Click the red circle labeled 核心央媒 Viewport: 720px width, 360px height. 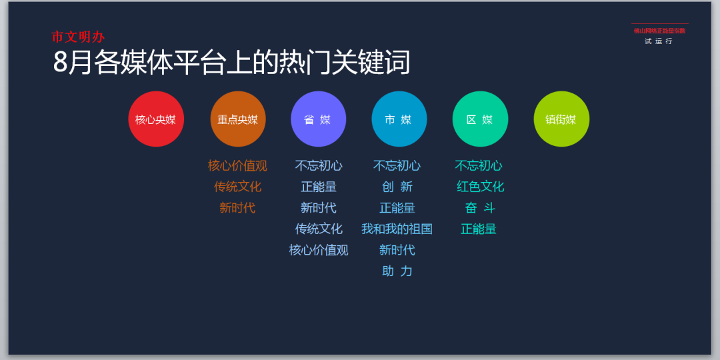pos(156,119)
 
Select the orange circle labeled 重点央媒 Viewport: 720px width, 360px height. pos(238,119)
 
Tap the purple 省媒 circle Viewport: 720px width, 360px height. pos(318,119)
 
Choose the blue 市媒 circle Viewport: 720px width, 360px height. pos(399,119)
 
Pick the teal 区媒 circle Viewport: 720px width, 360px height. pos(480,119)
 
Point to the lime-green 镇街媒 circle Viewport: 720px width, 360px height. pos(561,119)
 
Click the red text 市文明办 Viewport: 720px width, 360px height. pos(78,37)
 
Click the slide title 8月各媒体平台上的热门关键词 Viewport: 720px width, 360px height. pos(231,61)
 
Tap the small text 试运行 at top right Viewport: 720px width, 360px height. pos(659,41)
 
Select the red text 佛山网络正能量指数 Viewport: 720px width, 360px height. pos(659,31)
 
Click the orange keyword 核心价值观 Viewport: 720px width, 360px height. pos(237,166)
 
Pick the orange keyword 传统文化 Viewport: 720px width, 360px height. pos(237,187)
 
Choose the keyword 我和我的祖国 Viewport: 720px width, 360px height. pos(397,229)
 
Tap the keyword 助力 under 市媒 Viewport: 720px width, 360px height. pos(397,271)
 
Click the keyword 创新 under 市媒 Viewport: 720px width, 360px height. pos(397,187)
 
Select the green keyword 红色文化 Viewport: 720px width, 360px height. pos(480,187)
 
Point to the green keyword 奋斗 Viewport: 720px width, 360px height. pos(480,208)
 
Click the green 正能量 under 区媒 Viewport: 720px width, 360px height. pos(479,229)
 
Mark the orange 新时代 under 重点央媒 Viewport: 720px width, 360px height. pos(237,208)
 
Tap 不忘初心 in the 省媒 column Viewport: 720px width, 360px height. pos(319,166)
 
